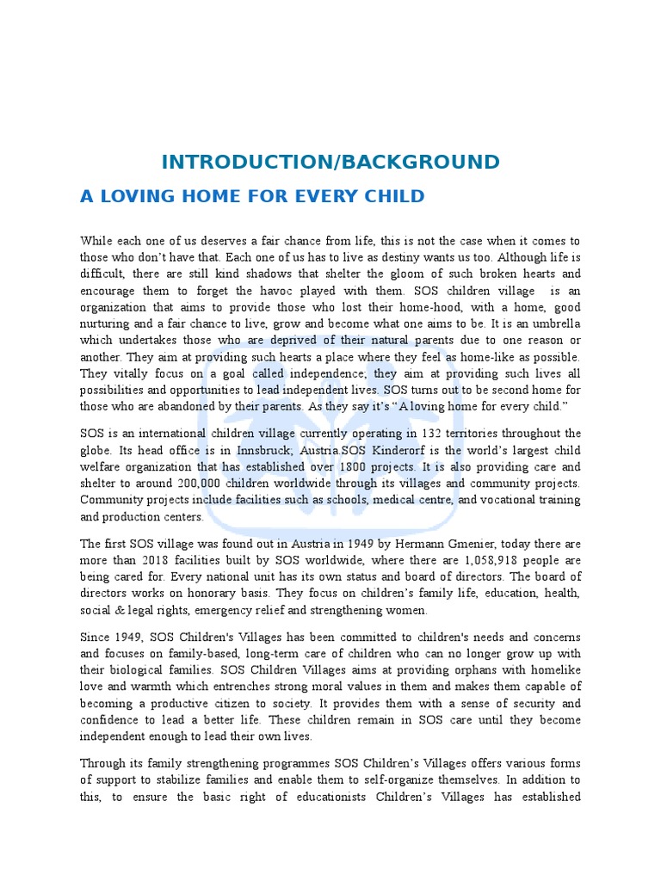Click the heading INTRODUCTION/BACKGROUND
[330, 162]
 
